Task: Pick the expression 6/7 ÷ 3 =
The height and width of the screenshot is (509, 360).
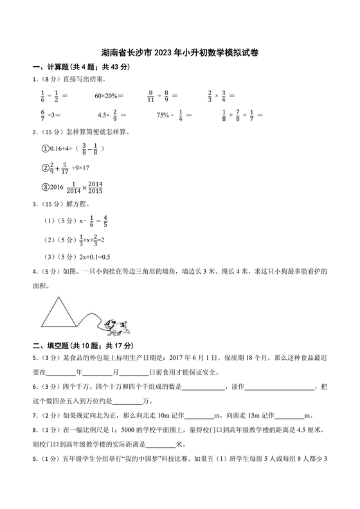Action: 51,116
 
